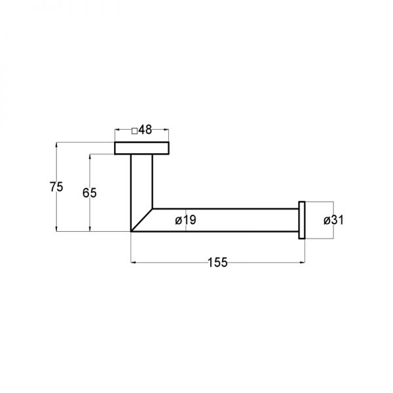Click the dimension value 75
(x=56, y=187)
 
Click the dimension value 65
(x=90, y=193)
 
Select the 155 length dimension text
(x=217, y=263)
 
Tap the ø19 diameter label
(x=186, y=220)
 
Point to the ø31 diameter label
(x=333, y=220)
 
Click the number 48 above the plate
(x=145, y=130)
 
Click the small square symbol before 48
(x=134, y=131)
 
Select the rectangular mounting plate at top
(x=142, y=148)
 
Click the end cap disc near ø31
(x=302, y=220)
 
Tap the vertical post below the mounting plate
(x=141, y=181)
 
